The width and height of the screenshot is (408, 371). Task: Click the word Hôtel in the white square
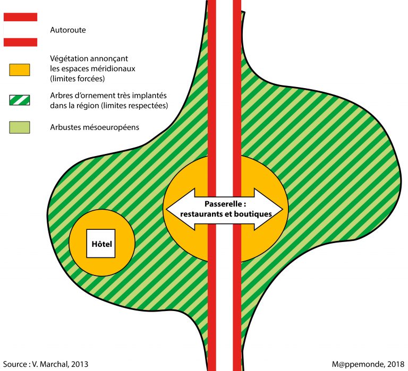click(101, 244)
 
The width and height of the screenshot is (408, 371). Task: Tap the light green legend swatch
click(20, 127)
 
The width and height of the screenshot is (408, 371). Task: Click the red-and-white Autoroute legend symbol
click(20, 30)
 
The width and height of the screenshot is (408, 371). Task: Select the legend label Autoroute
click(67, 30)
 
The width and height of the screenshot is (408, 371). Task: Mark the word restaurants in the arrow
click(199, 214)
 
